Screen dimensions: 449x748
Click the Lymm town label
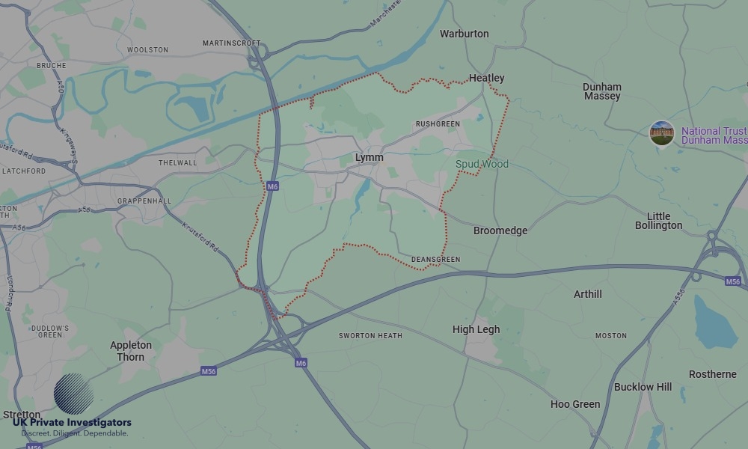pos(369,158)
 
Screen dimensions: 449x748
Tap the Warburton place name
pos(464,34)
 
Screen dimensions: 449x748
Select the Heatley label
pos(486,78)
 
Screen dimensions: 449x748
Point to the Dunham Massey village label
pos(602,91)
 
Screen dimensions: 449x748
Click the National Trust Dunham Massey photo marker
pos(661,134)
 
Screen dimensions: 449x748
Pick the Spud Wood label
pos(482,164)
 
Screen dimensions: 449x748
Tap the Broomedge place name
pos(500,230)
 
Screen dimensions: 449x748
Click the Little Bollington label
pos(658,221)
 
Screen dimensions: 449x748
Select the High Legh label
pos(476,329)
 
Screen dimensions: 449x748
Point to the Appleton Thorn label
pos(131,351)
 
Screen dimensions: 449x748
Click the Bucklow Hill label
pos(643,387)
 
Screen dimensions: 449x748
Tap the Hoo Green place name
pos(575,404)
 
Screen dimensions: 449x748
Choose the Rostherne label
pos(712,374)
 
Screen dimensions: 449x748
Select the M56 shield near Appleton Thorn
pos(209,370)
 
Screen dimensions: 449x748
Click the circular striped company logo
pos(74,394)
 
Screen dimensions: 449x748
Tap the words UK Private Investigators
pos(72,423)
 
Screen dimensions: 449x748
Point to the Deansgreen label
pos(435,260)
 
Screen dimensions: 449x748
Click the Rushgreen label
pos(438,124)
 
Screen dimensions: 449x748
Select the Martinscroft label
pos(231,43)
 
